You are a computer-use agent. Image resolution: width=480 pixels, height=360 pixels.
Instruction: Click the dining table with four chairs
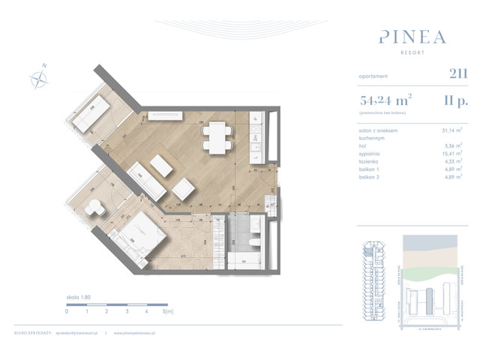[x=217, y=138]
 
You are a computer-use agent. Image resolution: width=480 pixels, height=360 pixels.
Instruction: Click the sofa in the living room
[x=146, y=181]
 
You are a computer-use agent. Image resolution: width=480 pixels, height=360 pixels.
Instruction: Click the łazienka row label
[x=370, y=159]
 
